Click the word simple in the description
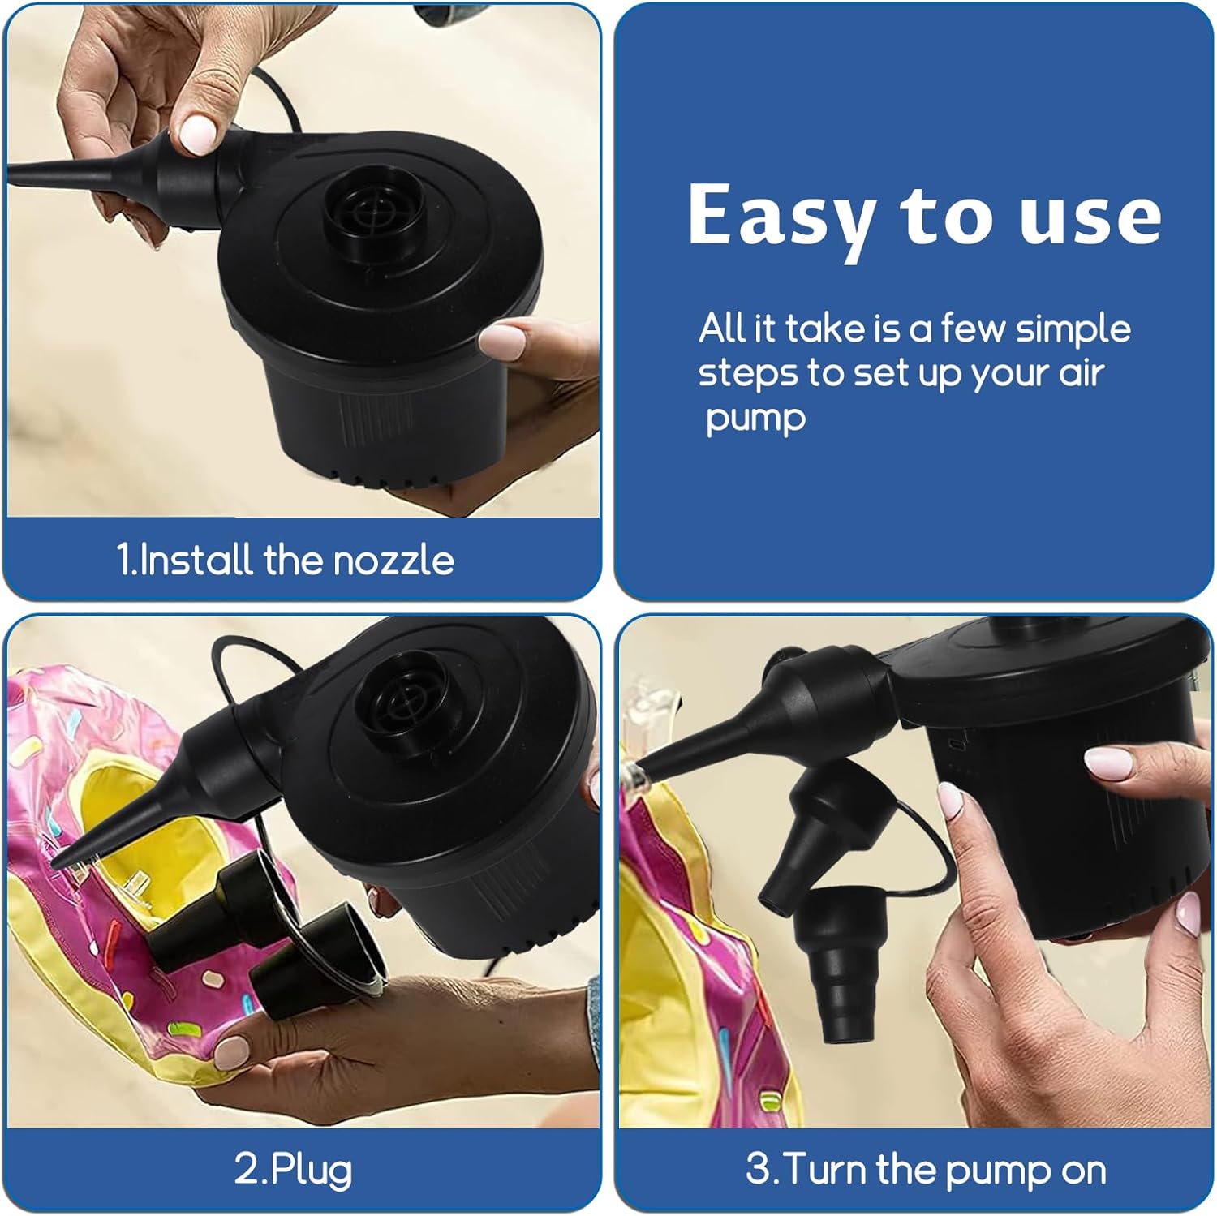coord(1073,329)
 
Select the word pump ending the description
coord(755,419)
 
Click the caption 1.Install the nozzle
coord(285,560)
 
